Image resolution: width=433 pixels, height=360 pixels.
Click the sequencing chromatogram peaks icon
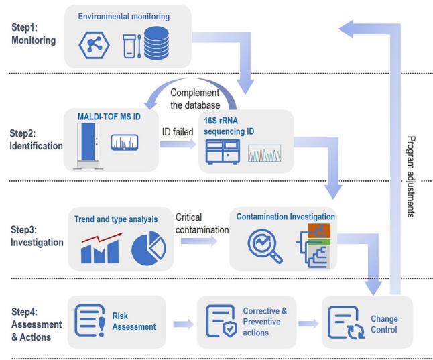[x=264, y=156]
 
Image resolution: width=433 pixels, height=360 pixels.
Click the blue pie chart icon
[x=148, y=247]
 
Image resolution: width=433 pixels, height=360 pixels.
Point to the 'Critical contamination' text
[x=200, y=224]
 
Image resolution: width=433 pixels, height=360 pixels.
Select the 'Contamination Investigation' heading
[x=284, y=217]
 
